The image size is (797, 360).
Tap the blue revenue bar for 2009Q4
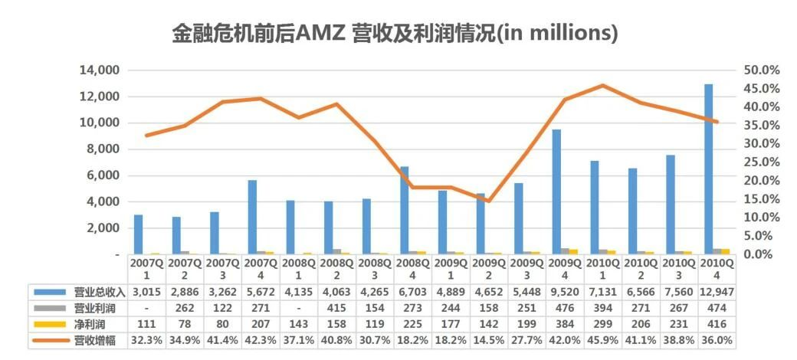tap(556, 191)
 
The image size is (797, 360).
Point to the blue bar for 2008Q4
tap(405, 210)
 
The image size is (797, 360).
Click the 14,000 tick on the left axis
tap(99, 70)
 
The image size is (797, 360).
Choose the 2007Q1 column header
tap(146, 268)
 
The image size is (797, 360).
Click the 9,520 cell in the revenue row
tap(565, 292)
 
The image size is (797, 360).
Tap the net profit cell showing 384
tap(565, 324)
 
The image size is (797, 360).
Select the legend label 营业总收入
tap(94, 292)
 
